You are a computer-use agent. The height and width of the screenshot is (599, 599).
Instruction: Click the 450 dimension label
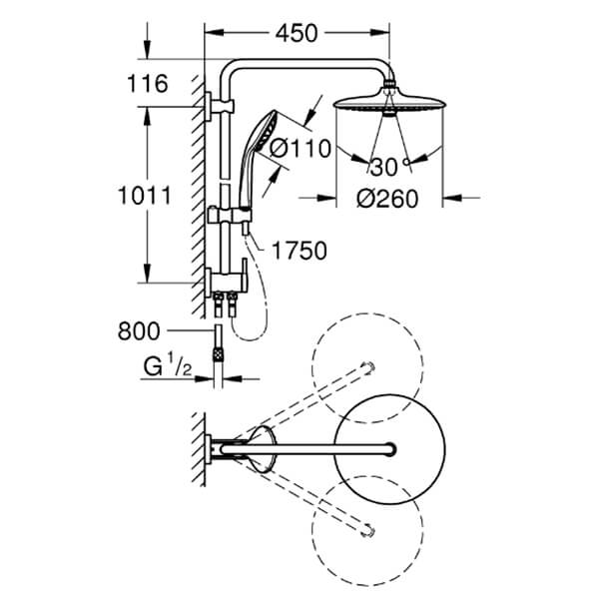[x=297, y=33]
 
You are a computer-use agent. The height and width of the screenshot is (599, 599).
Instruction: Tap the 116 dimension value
[x=148, y=84]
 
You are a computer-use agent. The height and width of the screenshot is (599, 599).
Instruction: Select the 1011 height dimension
[x=145, y=196]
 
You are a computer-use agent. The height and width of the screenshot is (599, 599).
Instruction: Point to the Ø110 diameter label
[x=300, y=148]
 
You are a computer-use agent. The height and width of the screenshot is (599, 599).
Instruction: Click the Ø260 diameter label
[x=387, y=199]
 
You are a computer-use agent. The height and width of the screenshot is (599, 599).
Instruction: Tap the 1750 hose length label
[x=299, y=251]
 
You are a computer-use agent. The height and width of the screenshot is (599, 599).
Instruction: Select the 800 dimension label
[x=139, y=331]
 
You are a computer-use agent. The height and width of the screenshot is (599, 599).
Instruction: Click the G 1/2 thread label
[x=168, y=366]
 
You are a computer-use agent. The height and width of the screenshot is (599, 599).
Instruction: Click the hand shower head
[x=266, y=131]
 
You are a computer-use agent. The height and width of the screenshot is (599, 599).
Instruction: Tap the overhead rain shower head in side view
[x=389, y=103]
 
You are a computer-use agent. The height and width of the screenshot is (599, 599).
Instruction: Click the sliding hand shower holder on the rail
[x=230, y=215]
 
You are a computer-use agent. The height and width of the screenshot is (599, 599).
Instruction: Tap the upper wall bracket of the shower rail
[x=219, y=107]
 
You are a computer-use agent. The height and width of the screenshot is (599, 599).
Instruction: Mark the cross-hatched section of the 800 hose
[x=218, y=354]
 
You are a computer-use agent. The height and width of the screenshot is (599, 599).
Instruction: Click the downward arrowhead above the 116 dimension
[x=147, y=51]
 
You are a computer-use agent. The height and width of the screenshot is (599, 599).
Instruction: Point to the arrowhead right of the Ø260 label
[x=452, y=198]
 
